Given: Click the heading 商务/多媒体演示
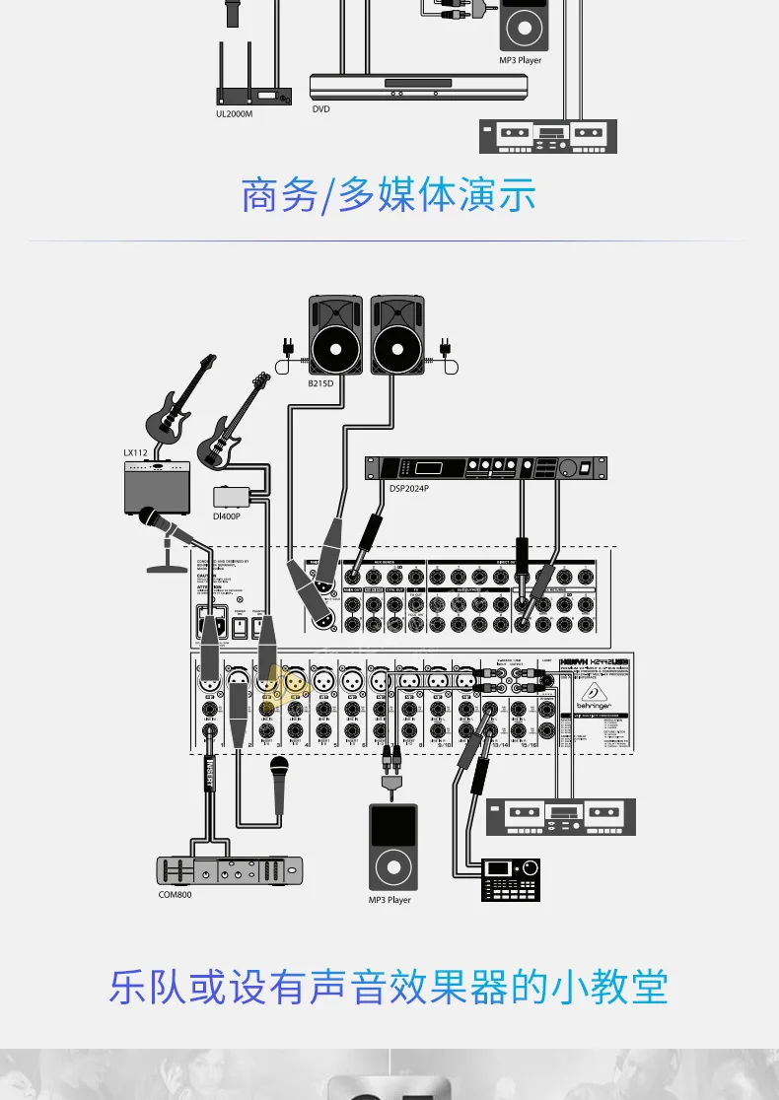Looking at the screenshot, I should point(389,195).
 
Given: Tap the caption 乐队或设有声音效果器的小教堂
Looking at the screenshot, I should point(389,987).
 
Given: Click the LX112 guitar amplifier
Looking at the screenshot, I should point(157,488).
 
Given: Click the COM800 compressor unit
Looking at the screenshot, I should point(230,869).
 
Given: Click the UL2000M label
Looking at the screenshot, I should point(235,114).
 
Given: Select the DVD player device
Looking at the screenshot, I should point(419,86).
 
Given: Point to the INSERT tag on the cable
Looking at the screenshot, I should point(209,772).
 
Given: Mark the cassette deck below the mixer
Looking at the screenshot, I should point(560,816).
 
